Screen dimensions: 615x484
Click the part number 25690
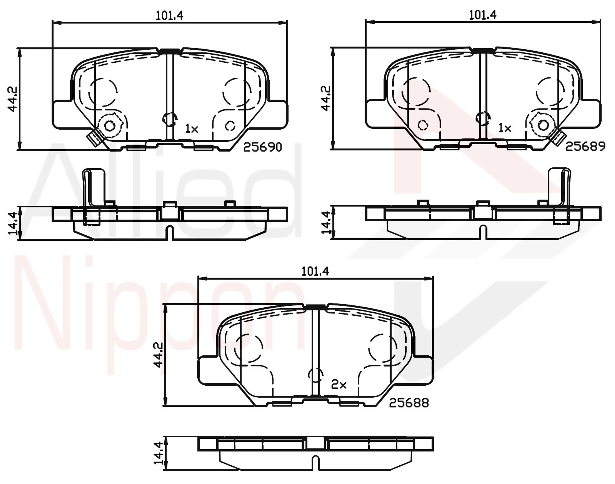click(x=263, y=147)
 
